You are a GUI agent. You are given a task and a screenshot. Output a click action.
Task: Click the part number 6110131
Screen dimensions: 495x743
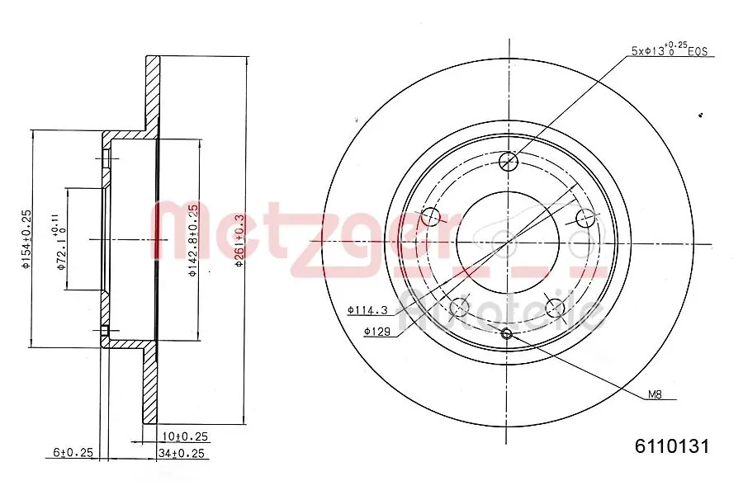click(x=671, y=446)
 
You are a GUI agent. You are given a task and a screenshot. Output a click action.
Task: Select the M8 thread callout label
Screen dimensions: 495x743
click(x=654, y=395)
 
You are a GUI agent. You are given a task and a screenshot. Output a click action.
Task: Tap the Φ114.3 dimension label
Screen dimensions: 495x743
click(x=367, y=310)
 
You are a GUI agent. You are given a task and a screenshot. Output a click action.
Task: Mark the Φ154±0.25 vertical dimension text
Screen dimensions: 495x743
click(x=26, y=240)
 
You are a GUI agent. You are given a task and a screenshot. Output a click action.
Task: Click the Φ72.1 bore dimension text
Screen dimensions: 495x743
click(x=59, y=239)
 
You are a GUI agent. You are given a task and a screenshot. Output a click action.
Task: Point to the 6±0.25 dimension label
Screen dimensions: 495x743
click(x=72, y=453)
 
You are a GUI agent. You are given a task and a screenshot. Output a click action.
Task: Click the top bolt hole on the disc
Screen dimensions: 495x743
click(x=509, y=160)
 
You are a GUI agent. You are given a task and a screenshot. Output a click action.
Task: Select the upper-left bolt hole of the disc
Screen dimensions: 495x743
click(x=431, y=217)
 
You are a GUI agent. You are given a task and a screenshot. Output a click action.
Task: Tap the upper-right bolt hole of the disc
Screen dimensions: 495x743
click(x=585, y=217)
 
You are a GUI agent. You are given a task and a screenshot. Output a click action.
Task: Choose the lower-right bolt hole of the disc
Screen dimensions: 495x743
click(x=556, y=309)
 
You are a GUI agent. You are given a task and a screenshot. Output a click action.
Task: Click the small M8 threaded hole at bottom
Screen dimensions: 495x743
click(x=508, y=333)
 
